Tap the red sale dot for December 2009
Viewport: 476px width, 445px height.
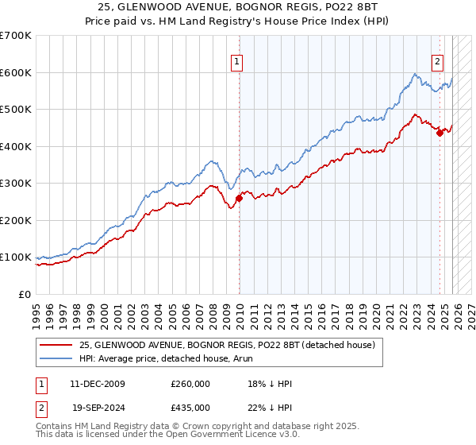(239, 198)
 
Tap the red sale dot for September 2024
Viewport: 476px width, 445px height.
(440, 133)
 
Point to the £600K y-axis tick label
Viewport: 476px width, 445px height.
(16, 72)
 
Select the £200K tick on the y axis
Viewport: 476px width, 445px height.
(16, 220)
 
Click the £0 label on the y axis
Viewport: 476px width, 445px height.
(24, 294)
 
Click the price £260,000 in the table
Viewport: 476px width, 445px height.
(190, 384)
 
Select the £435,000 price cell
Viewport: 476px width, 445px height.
(190, 407)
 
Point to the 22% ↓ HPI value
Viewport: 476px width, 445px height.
(270, 407)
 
